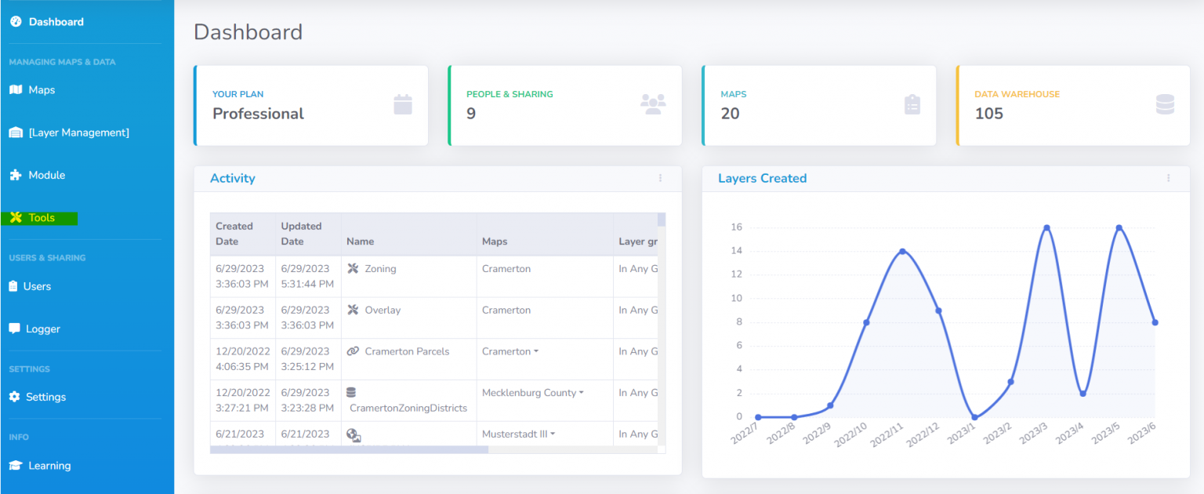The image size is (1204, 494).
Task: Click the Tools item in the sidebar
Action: [x=42, y=218]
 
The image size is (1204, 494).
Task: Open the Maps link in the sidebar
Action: [x=42, y=90]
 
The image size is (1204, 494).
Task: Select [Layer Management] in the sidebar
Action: [x=78, y=133]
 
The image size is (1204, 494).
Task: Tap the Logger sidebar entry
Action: [x=42, y=329]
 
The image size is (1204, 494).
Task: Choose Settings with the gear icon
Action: [x=45, y=397]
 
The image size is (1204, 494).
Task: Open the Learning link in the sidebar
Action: [x=49, y=466]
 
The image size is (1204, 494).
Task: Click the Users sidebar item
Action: [x=37, y=286]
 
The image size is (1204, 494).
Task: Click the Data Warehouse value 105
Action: [x=989, y=114]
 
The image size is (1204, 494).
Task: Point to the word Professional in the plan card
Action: [x=258, y=114]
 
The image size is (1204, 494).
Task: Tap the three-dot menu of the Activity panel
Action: [x=660, y=178]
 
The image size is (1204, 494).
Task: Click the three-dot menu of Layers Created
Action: [x=1168, y=178]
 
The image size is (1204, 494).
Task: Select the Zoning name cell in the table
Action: [x=380, y=269]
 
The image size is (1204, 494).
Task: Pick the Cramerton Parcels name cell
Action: [x=407, y=351]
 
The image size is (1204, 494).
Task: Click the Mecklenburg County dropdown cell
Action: [x=532, y=393]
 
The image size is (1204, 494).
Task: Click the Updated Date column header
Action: [x=302, y=234]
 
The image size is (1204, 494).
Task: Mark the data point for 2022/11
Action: [x=903, y=251]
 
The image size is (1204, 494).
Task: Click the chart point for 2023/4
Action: [x=1083, y=394]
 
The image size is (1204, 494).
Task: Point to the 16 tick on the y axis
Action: [x=737, y=227]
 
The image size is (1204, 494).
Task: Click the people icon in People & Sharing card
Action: [x=653, y=104]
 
